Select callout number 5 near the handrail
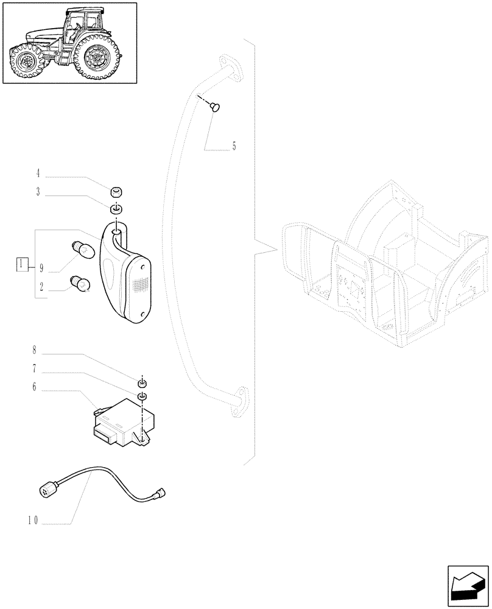(x=234, y=147)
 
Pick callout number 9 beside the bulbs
(x=41, y=267)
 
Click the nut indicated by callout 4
(x=117, y=192)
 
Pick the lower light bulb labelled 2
(x=82, y=284)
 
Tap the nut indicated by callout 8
(x=142, y=384)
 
